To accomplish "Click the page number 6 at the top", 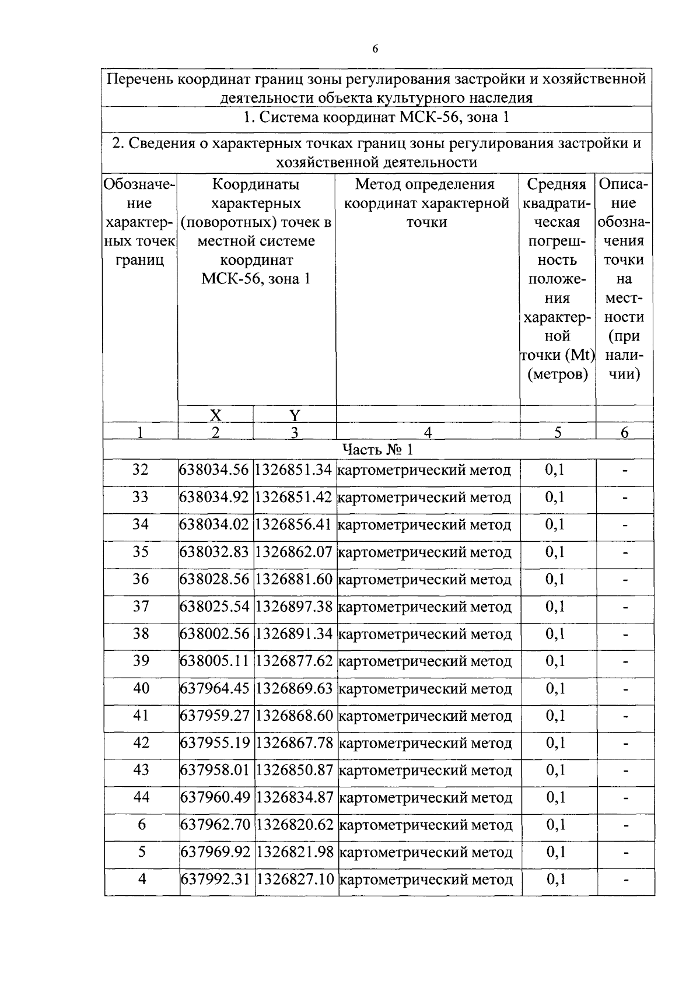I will (375, 49).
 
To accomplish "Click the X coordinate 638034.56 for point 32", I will (215, 470).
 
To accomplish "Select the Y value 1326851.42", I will (294, 497).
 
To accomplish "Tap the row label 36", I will (141, 579).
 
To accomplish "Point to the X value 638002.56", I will (215, 634).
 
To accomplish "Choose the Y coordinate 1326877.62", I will (295, 661).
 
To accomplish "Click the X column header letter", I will (215, 415).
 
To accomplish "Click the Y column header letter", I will (295, 415).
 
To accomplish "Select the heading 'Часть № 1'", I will (377, 449).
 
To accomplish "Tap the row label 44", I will (141, 797).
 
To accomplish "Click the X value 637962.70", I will (215, 825).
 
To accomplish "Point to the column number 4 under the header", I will (428, 432).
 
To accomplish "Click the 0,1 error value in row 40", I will (555, 689).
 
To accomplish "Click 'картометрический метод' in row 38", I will (425, 634).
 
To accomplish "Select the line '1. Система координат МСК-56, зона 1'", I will (377, 118).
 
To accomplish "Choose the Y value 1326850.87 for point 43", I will (295, 770).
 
